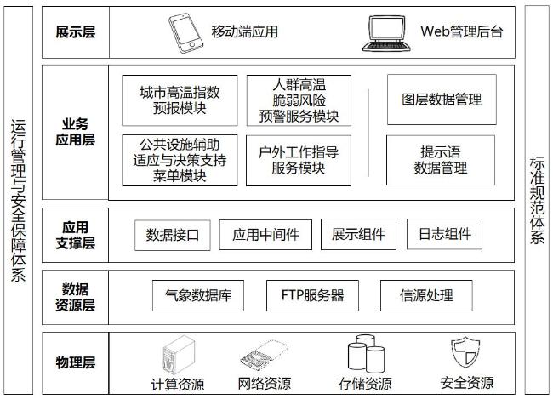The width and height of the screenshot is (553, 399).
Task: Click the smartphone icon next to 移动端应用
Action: coord(185,33)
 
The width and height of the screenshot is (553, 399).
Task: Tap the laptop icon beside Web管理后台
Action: coord(387,33)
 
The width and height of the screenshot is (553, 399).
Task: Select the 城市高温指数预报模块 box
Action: coord(180,100)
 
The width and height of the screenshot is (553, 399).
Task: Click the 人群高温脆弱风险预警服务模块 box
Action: coord(299,100)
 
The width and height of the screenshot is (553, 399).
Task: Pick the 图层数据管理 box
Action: coord(442,100)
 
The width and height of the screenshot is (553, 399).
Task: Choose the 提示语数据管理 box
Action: coord(441,160)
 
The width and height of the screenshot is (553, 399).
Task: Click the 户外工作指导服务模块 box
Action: coord(299,160)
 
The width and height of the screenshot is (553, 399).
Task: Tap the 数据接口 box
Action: coord(173,235)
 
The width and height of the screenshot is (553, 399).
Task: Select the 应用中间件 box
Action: coord(265,235)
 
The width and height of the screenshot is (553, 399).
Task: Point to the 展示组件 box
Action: coord(358,234)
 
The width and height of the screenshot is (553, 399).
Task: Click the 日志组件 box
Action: coord(444,234)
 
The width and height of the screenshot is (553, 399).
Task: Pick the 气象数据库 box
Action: coord(198,295)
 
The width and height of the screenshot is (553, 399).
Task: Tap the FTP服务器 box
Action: coord(312,295)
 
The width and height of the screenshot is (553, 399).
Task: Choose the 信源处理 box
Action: coord(426,295)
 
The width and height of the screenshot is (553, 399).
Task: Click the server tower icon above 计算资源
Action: coord(179,355)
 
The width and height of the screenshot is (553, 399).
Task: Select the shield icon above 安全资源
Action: coord(465,352)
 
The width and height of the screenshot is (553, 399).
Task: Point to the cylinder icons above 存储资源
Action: coord(366,354)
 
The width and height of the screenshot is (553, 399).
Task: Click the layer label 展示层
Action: coord(76,32)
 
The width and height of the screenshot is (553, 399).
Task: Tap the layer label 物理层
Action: coord(76,362)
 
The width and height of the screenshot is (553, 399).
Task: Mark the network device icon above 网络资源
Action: coord(264,355)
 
